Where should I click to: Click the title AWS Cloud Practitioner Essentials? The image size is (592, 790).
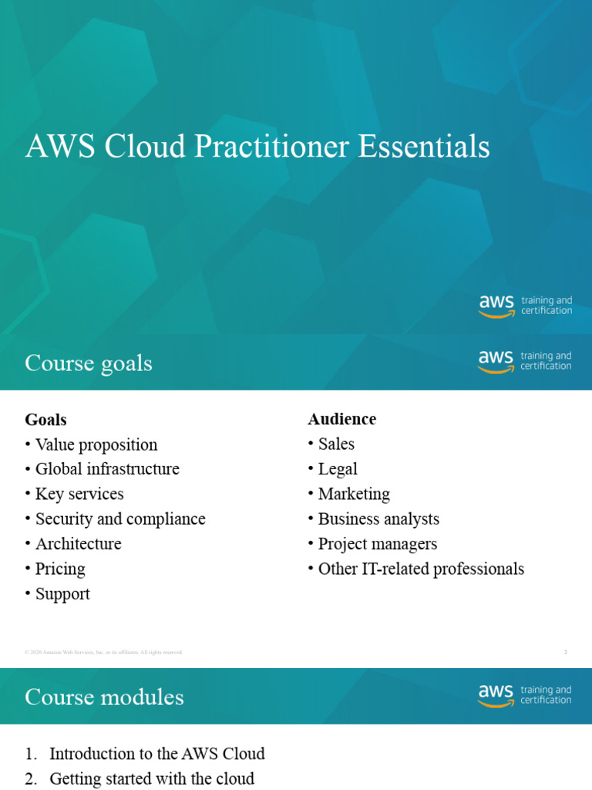point(257,147)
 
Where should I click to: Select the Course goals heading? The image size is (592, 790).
point(89,363)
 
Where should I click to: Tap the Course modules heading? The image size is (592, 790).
point(104,697)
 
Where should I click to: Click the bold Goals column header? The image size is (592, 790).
point(45,420)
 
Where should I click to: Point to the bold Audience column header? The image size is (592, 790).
point(341,419)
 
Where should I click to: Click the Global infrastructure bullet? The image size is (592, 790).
point(106,469)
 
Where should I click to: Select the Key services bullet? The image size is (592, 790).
point(79,494)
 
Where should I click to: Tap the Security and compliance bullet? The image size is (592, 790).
point(119,518)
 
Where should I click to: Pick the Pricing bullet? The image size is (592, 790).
point(59,569)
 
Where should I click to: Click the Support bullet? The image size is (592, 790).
point(62,593)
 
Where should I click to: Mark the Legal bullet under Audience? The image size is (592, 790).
point(337,469)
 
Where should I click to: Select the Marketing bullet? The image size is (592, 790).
point(353,494)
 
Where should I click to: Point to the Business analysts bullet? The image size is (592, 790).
point(378,518)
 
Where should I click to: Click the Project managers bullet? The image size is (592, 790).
point(377,544)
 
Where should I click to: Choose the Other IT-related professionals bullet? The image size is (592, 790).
point(420,569)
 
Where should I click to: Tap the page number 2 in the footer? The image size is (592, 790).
point(565,653)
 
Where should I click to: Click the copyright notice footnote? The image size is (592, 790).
point(104,653)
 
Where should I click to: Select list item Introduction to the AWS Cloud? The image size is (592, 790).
point(156,754)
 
